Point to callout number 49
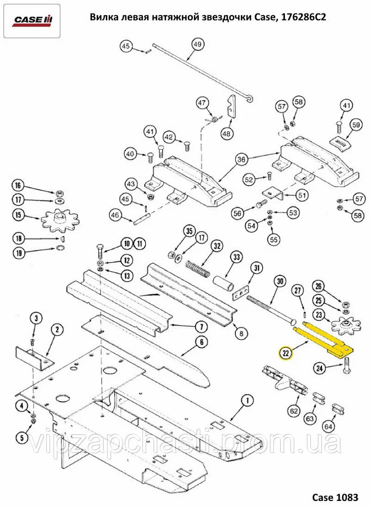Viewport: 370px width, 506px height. [197, 45]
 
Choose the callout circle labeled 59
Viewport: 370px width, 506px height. [356, 124]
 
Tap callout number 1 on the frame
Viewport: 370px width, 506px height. [248, 401]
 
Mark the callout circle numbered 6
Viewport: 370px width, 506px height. [201, 342]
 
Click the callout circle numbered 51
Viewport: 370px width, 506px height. [302, 195]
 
